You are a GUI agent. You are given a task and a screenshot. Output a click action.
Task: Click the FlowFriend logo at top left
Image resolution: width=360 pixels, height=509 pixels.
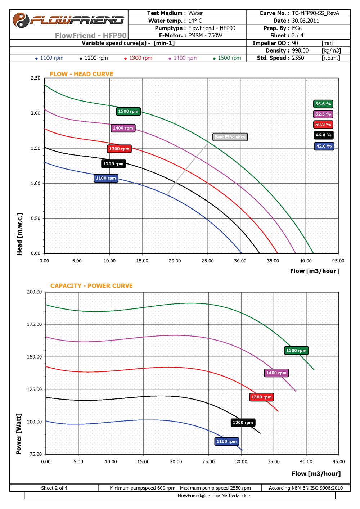68,20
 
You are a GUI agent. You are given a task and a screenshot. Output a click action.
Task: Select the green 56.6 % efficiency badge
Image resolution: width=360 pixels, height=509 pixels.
323,104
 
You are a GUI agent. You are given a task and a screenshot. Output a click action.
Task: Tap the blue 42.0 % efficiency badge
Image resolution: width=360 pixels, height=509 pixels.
324,146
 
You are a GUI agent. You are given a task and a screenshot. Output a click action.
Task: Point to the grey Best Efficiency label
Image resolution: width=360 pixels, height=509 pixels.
230,137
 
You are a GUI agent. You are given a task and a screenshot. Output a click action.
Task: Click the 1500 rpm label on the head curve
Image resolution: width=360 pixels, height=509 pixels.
128,112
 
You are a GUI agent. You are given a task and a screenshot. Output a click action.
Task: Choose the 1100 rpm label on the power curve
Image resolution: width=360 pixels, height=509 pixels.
226,441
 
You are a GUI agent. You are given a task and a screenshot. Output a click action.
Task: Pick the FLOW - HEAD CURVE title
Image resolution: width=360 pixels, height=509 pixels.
81,74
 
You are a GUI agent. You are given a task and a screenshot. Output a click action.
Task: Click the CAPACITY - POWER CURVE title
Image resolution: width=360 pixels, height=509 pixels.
91,286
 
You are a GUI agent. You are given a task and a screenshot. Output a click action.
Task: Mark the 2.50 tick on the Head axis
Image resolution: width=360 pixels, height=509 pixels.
36,78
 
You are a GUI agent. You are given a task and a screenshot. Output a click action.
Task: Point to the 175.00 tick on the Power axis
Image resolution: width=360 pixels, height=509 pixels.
35,324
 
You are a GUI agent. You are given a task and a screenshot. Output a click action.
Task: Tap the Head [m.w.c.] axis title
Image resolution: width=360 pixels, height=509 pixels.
19,234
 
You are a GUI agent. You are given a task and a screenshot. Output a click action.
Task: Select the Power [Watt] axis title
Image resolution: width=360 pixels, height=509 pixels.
19,434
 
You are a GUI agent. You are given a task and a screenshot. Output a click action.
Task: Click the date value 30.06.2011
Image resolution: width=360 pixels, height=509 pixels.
305,21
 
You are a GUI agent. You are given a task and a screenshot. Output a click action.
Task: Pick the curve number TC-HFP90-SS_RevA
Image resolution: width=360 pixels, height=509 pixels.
315,13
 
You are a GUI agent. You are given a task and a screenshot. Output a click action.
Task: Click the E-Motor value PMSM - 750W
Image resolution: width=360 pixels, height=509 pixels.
205,36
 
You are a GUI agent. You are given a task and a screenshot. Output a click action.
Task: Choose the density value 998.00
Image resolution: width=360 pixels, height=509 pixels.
300,51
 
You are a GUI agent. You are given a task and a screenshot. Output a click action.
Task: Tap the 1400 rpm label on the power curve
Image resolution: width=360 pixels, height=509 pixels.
276,373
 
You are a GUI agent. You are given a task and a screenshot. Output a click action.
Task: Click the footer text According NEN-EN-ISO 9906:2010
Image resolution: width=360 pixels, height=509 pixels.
306,488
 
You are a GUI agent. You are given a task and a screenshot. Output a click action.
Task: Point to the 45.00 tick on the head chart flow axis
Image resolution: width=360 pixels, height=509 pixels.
338,261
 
